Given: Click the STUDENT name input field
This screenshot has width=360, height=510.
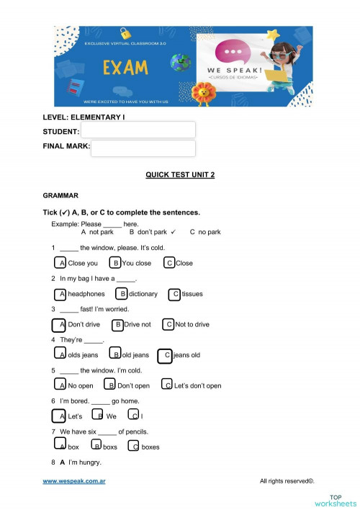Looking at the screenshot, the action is (x=138, y=130).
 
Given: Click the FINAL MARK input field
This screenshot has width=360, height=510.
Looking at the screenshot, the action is (x=143, y=148).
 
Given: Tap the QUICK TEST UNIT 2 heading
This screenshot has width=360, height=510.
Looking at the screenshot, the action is (x=180, y=175).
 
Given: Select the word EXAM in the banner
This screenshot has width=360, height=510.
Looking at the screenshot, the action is (x=125, y=68).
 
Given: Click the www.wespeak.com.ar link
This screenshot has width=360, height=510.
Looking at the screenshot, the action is (x=74, y=480).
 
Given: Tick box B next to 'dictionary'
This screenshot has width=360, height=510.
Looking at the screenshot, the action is (x=122, y=293).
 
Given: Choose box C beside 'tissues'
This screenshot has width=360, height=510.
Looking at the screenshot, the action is (x=174, y=294).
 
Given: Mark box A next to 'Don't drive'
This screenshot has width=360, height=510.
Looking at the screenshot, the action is (x=60, y=324).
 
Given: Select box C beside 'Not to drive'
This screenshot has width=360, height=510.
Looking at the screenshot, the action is (x=168, y=324).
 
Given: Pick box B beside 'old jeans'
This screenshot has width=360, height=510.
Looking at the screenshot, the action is (x=115, y=354).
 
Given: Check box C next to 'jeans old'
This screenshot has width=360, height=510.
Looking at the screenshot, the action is (x=165, y=355).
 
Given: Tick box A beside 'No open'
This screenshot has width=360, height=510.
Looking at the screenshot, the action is (x=60, y=385).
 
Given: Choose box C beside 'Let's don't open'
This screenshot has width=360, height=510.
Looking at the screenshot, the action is (x=167, y=385).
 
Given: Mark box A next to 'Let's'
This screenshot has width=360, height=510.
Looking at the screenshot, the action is (x=60, y=416).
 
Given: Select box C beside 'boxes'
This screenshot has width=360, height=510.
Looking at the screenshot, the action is (x=133, y=447).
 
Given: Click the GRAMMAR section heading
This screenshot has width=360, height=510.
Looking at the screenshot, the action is (x=60, y=195).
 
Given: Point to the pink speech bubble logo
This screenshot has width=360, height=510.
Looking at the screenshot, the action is (x=234, y=54).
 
